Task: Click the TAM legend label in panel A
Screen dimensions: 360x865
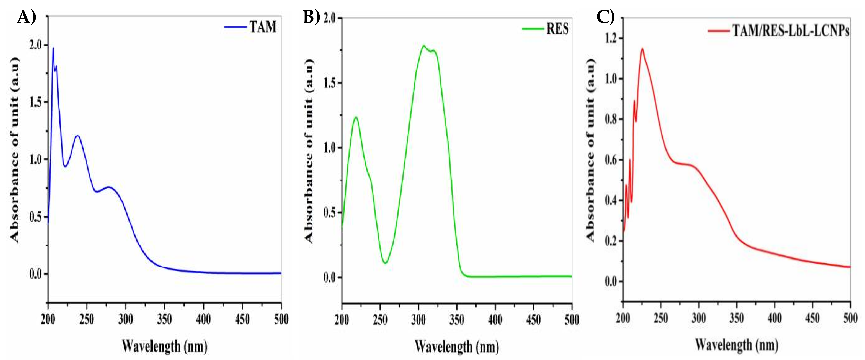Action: pyautogui.click(x=263, y=27)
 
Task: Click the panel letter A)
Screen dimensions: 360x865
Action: pyautogui.click(x=26, y=17)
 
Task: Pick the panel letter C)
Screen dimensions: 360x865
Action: pyautogui.click(x=605, y=17)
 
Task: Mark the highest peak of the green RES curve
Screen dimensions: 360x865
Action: pyautogui.click(x=424, y=45)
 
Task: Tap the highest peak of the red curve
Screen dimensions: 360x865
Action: pyautogui.click(x=642, y=49)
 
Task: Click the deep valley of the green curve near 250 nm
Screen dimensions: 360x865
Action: pyautogui.click(x=385, y=262)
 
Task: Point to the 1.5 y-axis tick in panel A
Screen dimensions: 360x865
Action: pyautogui.click(x=36, y=102)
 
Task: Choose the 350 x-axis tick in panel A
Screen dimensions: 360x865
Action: pyautogui.click(x=164, y=319)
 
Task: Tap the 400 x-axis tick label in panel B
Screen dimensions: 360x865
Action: pyautogui.click(x=495, y=320)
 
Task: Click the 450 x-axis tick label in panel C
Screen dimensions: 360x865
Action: pyautogui.click(x=812, y=318)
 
